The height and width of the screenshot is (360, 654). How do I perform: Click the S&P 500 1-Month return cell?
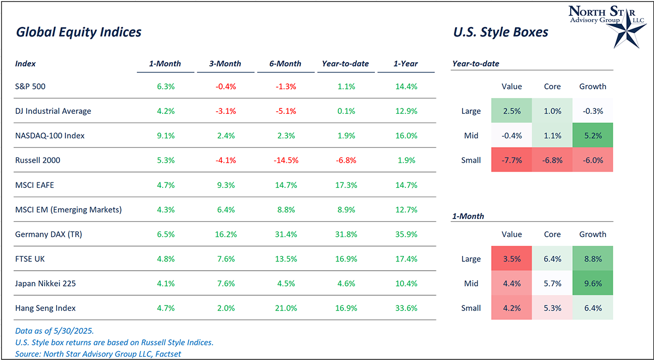coord(165,86)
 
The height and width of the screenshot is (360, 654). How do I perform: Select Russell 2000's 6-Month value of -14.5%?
coord(286,161)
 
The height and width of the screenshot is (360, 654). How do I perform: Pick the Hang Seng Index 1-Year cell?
coord(405,308)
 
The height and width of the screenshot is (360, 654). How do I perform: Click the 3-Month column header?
coord(225,64)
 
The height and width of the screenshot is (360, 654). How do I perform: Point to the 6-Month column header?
coord(286,64)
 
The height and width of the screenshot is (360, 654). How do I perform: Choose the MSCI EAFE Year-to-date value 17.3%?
coord(346,185)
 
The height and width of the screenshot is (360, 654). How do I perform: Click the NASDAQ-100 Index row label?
coord(50,136)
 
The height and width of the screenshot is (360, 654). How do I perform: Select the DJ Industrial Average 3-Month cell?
coord(225,111)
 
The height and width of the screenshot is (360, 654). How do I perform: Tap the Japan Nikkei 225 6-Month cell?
coord(286,283)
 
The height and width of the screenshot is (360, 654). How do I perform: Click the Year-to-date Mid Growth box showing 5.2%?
coord(593,136)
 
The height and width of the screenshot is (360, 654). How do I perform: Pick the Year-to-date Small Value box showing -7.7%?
coord(512,160)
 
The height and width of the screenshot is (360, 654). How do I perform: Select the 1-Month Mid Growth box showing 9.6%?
coord(593,283)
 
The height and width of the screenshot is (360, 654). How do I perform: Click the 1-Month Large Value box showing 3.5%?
coord(512,259)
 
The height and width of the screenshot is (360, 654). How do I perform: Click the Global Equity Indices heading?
coord(79,32)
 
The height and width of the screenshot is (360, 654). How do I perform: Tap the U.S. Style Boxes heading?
coord(500,32)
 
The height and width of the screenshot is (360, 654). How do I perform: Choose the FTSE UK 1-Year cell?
coord(405,259)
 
